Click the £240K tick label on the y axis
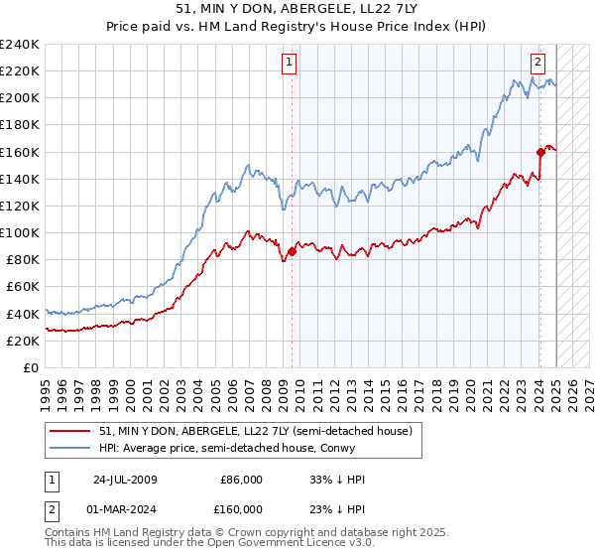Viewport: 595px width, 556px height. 20,45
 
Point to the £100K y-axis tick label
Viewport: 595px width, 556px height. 20,232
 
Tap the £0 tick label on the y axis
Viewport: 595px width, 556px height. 32,367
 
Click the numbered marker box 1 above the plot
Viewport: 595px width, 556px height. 290,62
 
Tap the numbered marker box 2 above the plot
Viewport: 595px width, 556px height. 537,62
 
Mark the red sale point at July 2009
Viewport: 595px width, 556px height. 292,251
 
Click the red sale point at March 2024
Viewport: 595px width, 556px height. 540,152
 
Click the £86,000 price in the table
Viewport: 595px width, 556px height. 239,480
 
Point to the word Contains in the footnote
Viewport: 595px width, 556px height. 68,534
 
